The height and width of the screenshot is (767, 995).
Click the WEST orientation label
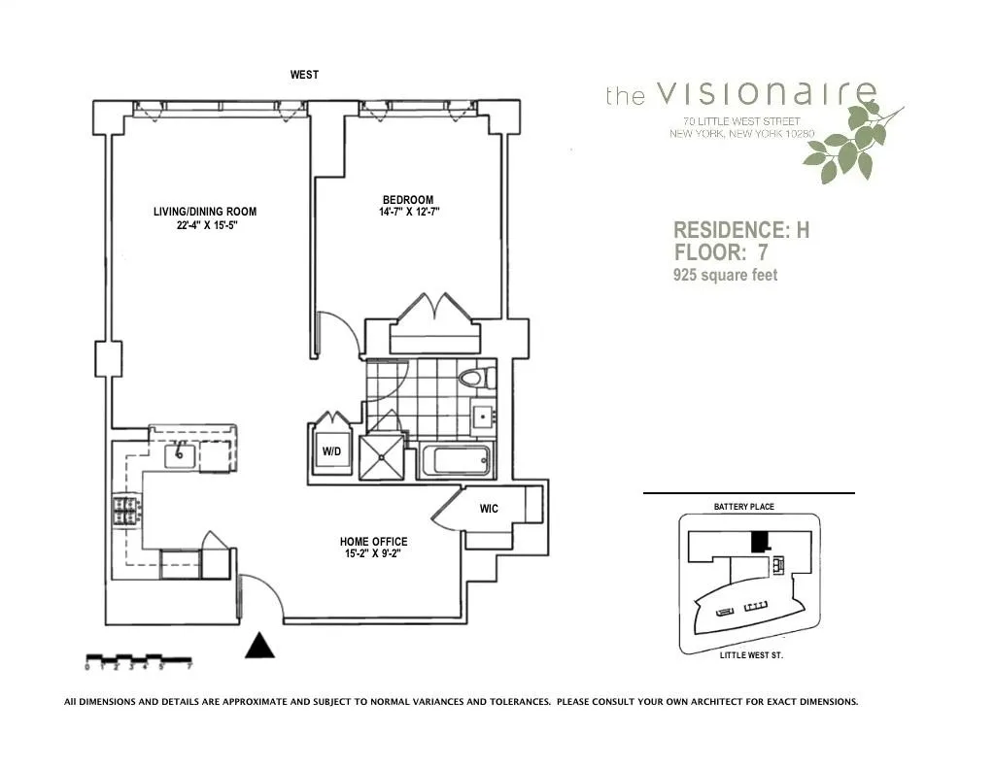click(304, 75)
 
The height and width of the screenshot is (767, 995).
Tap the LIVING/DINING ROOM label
click(205, 212)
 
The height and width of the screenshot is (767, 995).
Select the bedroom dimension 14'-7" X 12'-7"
click(409, 212)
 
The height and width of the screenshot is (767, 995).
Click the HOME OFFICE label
click(373, 542)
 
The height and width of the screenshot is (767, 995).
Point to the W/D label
click(331, 452)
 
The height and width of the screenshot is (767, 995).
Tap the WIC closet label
click(489, 509)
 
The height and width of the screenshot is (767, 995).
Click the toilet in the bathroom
click(472, 378)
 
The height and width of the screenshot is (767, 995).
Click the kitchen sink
click(181, 453)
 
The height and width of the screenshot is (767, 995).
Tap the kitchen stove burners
click(125, 510)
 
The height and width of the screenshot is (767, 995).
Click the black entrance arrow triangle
click(259, 646)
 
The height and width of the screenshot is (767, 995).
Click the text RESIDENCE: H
click(741, 230)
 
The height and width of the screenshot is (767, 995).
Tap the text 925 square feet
click(726, 276)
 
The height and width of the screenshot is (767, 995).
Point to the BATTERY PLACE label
click(743, 507)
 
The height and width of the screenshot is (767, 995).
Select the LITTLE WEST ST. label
click(751, 655)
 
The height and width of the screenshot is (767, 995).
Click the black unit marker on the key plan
click(764, 538)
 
